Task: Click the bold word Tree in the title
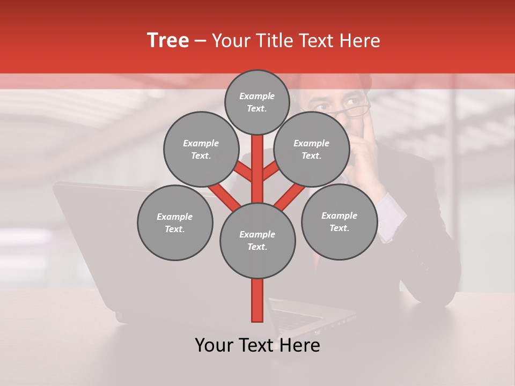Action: click(x=168, y=40)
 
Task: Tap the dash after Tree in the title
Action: click(x=201, y=41)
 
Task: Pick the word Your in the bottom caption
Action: click(x=214, y=345)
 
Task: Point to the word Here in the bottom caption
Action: click(x=299, y=345)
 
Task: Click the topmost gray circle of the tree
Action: click(x=257, y=102)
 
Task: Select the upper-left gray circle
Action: click(x=201, y=149)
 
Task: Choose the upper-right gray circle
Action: click(x=312, y=149)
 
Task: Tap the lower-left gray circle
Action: click(x=175, y=222)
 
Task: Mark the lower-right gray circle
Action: click(x=339, y=221)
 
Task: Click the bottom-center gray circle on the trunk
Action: click(x=257, y=241)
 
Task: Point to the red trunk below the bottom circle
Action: click(x=257, y=300)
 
